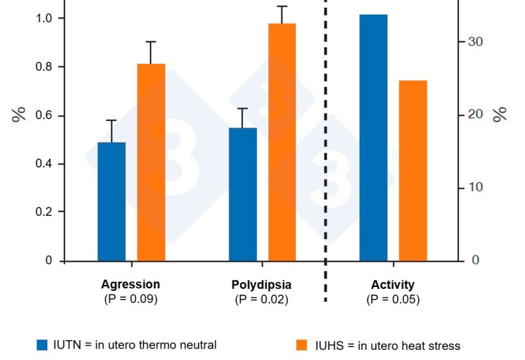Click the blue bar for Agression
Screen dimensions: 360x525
point(111,201)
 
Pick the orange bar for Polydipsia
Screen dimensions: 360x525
point(282,142)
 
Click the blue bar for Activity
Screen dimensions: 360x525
point(373,137)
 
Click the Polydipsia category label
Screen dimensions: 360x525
point(261,284)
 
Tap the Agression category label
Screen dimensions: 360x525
point(131,284)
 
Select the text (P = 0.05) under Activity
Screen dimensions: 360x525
point(393,299)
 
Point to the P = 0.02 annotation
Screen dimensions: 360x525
point(261,299)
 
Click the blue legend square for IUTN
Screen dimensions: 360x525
point(42,345)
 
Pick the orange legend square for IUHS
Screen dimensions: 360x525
point(302,345)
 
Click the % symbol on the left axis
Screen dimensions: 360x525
point(19,115)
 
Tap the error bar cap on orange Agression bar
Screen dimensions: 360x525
point(151,42)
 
